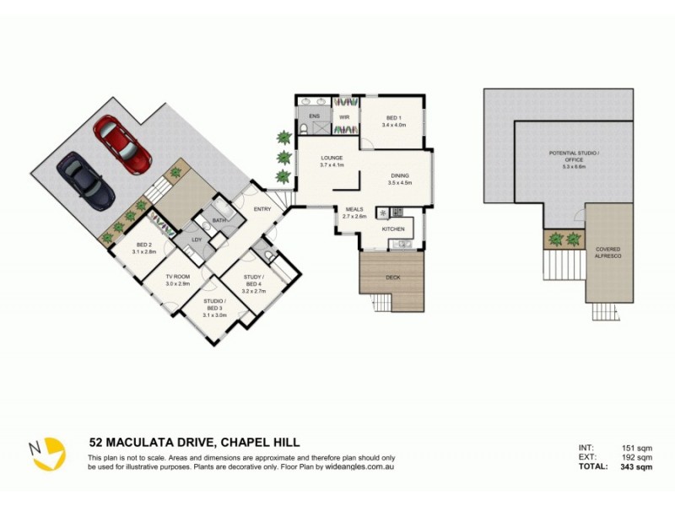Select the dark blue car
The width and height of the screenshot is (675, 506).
(86, 180)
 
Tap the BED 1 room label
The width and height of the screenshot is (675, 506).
(393, 119)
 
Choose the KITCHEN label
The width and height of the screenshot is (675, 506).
(394, 229)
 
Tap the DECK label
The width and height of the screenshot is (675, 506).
(392, 277)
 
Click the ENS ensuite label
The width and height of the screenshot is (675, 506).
(314, 115)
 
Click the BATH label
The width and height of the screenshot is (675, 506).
(219, 221)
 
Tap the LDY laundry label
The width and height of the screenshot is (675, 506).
(196, 240)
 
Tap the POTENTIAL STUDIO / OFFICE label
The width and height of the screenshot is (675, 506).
(573, 157)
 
